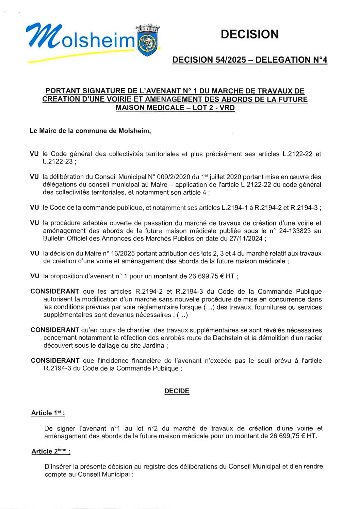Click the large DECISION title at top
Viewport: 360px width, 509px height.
[249, 34]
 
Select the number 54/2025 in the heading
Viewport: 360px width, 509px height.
[231, 60]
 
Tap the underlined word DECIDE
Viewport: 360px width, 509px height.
[177, 391]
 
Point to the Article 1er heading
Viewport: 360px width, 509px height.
[48, 413]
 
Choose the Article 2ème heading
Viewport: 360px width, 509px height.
[51, 451]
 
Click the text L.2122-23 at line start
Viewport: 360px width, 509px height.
[58, 162]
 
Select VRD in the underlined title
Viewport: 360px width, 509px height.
[227, 108]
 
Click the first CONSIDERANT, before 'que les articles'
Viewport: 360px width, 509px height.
[55, 292]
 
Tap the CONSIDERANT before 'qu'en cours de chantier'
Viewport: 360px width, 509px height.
[55, 330]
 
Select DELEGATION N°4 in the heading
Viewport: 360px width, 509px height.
[291, 60]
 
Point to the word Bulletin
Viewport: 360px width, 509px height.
[54, 239]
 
